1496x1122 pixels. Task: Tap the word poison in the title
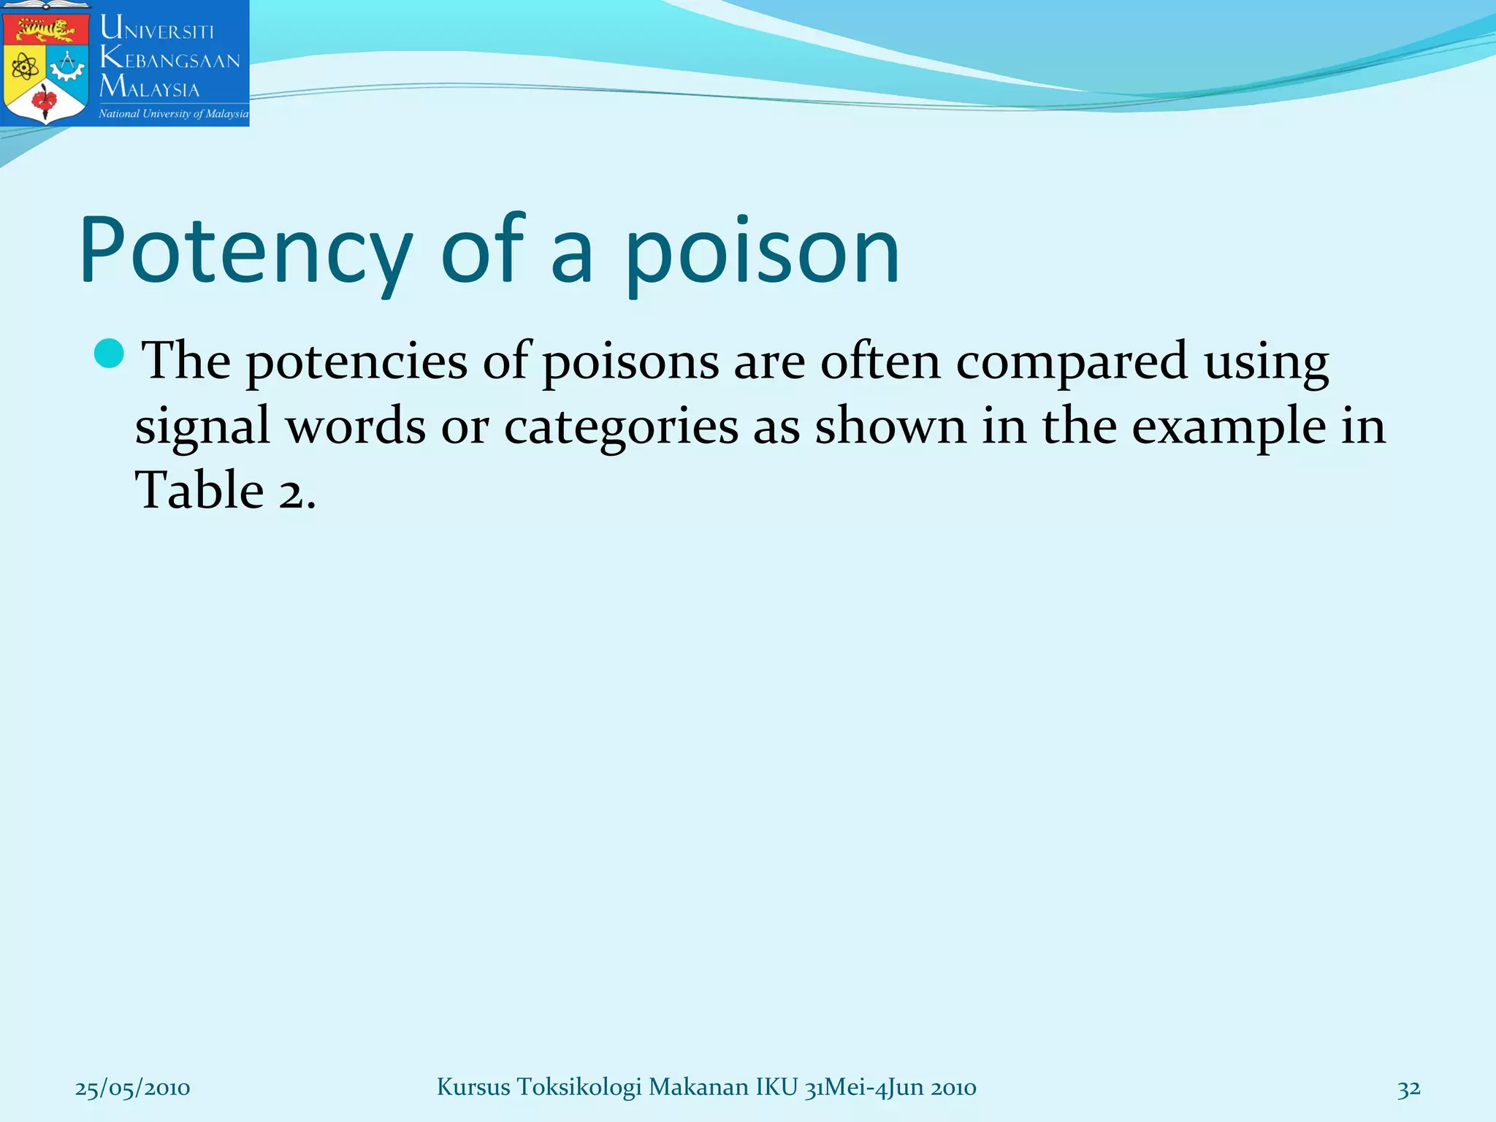coord(762,252)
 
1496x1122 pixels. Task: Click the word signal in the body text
coord(202,427)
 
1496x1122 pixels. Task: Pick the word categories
coord(621,427)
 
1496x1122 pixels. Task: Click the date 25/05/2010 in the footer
coord(132,1088)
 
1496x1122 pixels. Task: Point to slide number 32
coord(1409,1088)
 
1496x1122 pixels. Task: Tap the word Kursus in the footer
coord(473,1087)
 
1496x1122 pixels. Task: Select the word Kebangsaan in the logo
coord(170,58)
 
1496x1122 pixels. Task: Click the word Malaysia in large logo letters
coord(150,87)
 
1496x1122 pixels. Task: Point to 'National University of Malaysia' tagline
coord(174,114)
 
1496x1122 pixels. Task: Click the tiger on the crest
coord(46,30)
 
